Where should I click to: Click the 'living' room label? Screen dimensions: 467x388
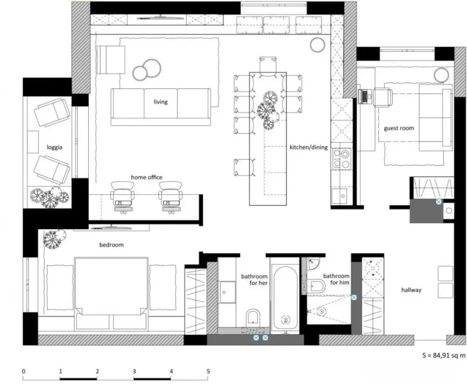(x=161, y=102)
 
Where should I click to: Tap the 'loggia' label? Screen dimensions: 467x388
(x=55, y=147)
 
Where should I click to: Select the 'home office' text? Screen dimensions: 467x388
(x=147, y=177)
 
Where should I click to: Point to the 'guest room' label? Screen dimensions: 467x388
(x=399, y=128)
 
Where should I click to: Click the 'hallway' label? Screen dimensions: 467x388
(x=411, y=290)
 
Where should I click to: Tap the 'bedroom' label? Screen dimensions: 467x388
(x=112, y=245)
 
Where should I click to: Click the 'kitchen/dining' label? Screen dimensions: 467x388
(x=309, y=147)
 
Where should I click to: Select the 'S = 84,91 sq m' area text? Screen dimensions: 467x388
(x=444, y=355)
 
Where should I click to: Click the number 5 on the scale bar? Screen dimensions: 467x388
(x=208, y=371)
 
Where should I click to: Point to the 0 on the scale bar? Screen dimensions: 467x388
(x=24, y=371)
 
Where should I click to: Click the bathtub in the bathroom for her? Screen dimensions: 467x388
(x=285, y=298)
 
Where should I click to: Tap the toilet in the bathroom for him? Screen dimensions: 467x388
(x=317, y=286)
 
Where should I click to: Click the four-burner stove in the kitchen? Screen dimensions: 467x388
(x=341, y=159)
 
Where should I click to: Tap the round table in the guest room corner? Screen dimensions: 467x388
(x=441, y=74)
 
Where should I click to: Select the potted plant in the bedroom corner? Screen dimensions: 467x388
(x=54, y=239)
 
